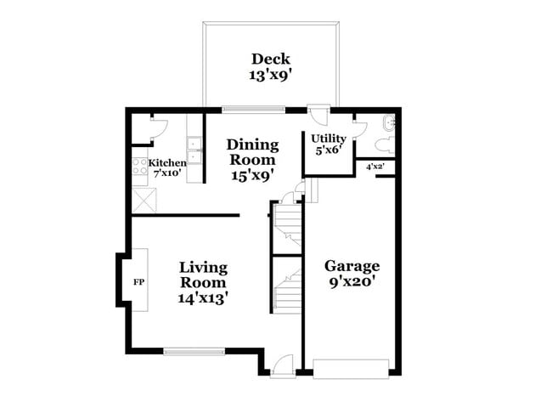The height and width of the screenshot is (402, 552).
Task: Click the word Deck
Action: (271, 59)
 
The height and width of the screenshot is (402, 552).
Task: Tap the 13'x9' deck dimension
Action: (271, 74)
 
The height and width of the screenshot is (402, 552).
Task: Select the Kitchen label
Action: (167, 162)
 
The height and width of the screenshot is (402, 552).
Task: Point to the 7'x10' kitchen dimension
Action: (167, 173)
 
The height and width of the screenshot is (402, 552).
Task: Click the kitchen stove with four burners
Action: (139, 167)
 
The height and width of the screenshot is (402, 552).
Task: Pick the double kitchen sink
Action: (195, 150)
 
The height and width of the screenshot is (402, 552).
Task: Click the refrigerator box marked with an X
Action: (142, 201)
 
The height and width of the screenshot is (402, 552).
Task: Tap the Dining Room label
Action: (251, 152)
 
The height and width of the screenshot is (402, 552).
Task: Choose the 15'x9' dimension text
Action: (251, 175)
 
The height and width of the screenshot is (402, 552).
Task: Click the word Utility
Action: (328, 139)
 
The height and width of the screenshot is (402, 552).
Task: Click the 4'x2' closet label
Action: (375, 167)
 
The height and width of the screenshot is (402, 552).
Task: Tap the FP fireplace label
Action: (139, 280)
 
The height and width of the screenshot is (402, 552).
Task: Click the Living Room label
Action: (203, 275)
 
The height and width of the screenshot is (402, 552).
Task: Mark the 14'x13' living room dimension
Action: (203, 298)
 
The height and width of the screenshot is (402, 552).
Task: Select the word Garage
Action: (352, 265)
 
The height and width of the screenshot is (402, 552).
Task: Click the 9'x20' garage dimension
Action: (352, 282)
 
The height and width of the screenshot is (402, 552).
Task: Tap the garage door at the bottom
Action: (351, 369)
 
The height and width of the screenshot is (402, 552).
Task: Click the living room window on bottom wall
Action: (194, 349)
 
